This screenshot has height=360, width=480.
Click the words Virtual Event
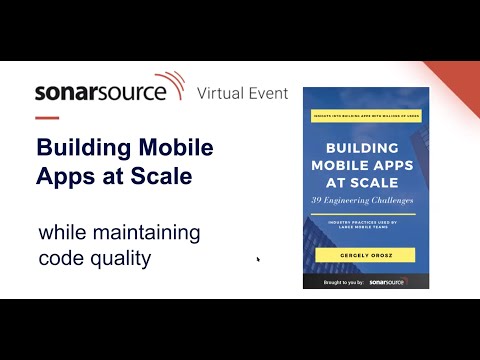click(242, 93)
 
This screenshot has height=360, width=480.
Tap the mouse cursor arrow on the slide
click(258, 260)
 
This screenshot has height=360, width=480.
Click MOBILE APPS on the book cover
click(365, 166)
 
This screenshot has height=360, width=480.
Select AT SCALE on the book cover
click(365, 183)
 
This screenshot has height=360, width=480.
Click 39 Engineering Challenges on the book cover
click(365, 202)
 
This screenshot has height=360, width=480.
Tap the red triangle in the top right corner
click(462, 75)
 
